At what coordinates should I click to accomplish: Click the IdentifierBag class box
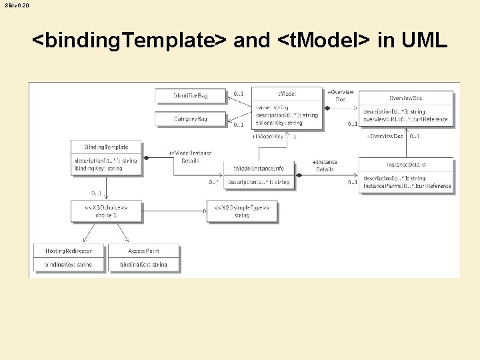click(x=191, y=96)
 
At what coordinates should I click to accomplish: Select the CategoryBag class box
click(x=191, y=119)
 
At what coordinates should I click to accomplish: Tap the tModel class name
click(x=287, y=94)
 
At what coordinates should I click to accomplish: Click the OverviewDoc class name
click(x=406, y=98)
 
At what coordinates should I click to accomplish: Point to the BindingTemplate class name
click(x=107, y=147)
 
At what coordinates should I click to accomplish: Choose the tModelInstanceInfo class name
click(x=259, y=168)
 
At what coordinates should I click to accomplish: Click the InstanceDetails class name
click(x=406, y=165)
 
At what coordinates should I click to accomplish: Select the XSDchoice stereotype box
click(x=106, y=211)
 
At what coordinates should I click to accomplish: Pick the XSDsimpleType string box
click(x=242, y=211)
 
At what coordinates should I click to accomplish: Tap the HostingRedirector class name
click(x=69, y=251)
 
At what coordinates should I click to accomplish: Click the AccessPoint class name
click(x=144, y=251)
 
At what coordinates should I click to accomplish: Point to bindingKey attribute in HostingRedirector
click(x=69, y=265)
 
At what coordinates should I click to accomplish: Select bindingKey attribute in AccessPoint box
click(x=144, y=265)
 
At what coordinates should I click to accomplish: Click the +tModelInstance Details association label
click(x=190, y=157)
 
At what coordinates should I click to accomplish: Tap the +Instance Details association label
click(x=325, y=165)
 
